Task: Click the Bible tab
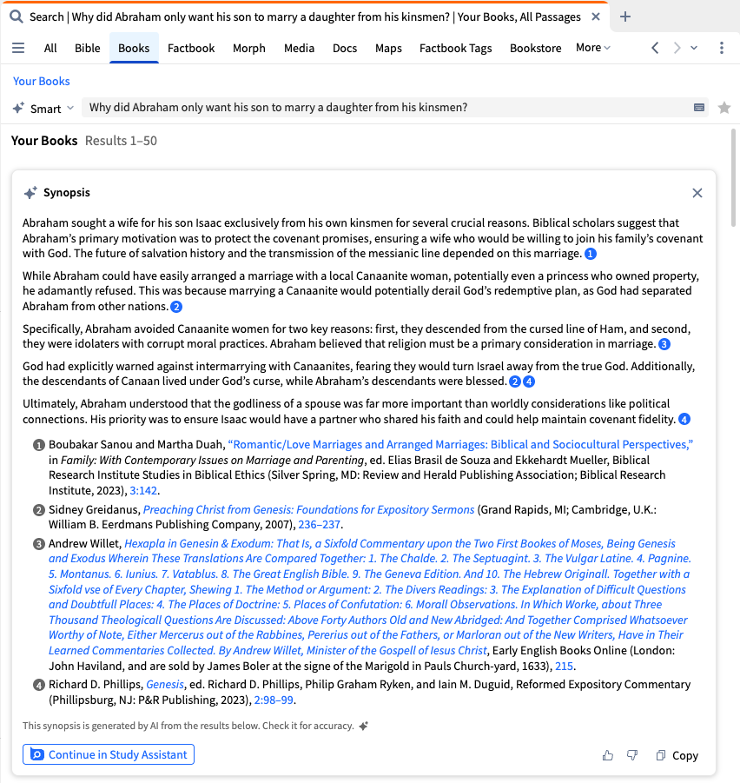[x=88, y=48]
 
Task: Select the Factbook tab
[x=191, y=48]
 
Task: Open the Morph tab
[x=249, y=48]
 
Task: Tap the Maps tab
[x=388, y=48]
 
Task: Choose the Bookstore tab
[x=535, y=48]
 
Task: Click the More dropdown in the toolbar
[x=593, y=48]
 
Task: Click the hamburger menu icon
[x=18, y=48]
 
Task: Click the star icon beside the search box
[x=724, y=108]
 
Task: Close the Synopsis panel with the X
[x=697, y=193]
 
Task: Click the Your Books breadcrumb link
[x=42, y=81]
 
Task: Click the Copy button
[x=677, y=755]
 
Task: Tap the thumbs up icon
[x=608, y=755]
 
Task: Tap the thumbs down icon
[x=632, y=755]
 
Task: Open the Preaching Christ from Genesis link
[x=308, y=510]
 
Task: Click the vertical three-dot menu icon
[x=722, y=48]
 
